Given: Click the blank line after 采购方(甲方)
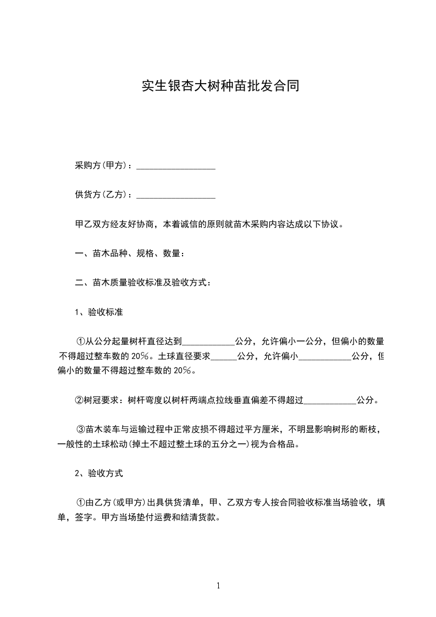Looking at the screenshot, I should [x=175, y=166].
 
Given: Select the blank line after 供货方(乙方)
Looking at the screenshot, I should [x=175, y=195].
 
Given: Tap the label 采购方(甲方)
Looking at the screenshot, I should [x=103, y=166].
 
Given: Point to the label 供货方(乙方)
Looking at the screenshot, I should [x=103, y=195].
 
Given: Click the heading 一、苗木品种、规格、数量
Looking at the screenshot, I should [x=129, y=254].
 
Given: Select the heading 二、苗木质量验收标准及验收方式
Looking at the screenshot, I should [x=142, y=283].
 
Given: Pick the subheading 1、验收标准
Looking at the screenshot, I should [x=98, y=312].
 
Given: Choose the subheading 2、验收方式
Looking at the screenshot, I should [x=98, y=473].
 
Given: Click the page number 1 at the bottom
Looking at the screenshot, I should [x=218, y=586].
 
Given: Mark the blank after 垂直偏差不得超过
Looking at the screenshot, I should [x=330, y=400].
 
